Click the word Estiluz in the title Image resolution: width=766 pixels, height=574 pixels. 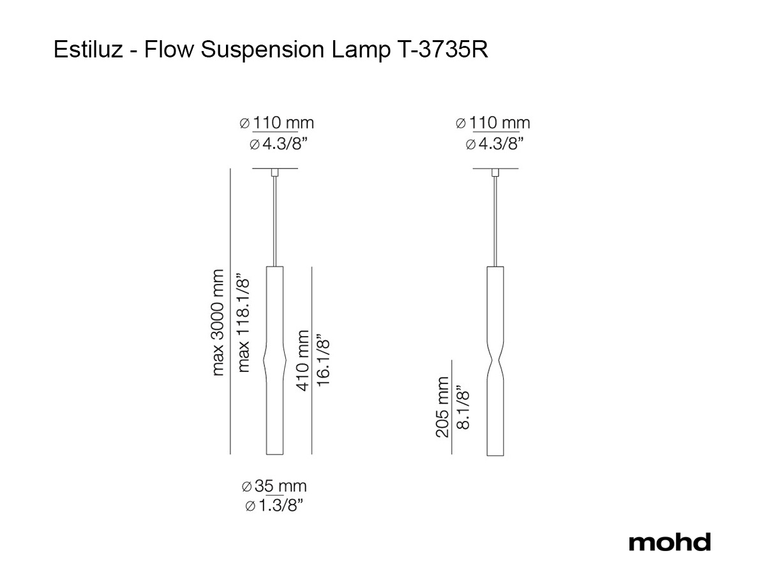tap(88, 50)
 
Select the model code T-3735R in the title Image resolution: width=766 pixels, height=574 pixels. tap(442, 50)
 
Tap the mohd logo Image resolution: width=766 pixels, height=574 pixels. tap(670, 542)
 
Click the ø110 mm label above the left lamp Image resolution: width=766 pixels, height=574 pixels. tap(277, 122)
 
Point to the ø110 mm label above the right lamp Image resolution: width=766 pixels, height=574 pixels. tap(493, 122)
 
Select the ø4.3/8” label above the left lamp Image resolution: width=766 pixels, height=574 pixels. tap(278, 143)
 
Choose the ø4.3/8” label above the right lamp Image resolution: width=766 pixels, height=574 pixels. tap(495, 143)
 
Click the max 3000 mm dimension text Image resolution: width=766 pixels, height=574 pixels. tap(218, 322)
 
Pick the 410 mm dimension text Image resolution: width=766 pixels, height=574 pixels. tap(302, 361)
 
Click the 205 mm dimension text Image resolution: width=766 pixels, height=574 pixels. tap(442, 407)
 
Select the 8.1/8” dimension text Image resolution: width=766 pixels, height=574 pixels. tap(463, 407)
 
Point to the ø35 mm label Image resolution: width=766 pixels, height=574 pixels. tap(274, 486)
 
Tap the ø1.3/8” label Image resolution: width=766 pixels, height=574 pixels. tap(274, 505)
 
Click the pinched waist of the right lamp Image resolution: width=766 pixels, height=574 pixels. tap(495, 361)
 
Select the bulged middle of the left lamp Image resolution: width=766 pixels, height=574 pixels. tap(274, 360)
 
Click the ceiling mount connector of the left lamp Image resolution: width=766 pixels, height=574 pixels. tap(274, 172)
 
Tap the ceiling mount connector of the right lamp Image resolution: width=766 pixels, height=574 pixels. tap(495, 172)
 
